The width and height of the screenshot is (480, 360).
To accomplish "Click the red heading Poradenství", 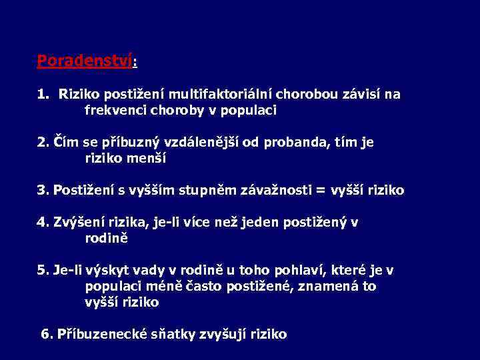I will coord(85,61).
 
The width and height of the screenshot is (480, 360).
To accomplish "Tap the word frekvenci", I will coord(114,110).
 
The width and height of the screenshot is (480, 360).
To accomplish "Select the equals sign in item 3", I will coord(321,191).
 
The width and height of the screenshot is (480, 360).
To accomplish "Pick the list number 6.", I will coord(46,334).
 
